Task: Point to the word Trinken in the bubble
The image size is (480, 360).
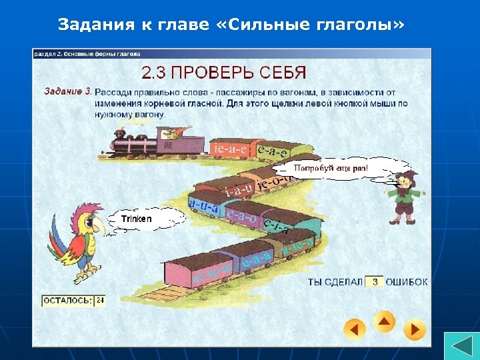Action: [136, 219]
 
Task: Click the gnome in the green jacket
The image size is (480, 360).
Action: [404, 195]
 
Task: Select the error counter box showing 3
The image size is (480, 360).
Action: [375, 282]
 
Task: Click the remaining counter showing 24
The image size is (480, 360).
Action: [100, 301]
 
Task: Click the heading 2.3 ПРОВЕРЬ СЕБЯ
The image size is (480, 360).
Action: [223, 71]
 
